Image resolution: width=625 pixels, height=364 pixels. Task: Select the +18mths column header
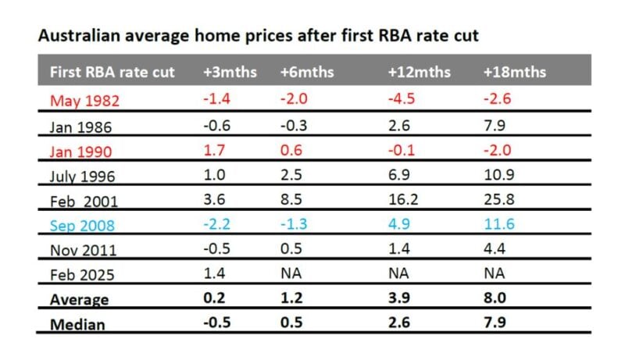[514, 72]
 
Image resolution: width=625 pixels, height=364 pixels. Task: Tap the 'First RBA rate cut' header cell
[112, 72]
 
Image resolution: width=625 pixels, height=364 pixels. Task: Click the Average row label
[78, 300]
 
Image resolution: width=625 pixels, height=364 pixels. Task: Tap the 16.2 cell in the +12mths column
[402, 201]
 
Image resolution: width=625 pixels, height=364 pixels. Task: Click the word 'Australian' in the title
[74, 35]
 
